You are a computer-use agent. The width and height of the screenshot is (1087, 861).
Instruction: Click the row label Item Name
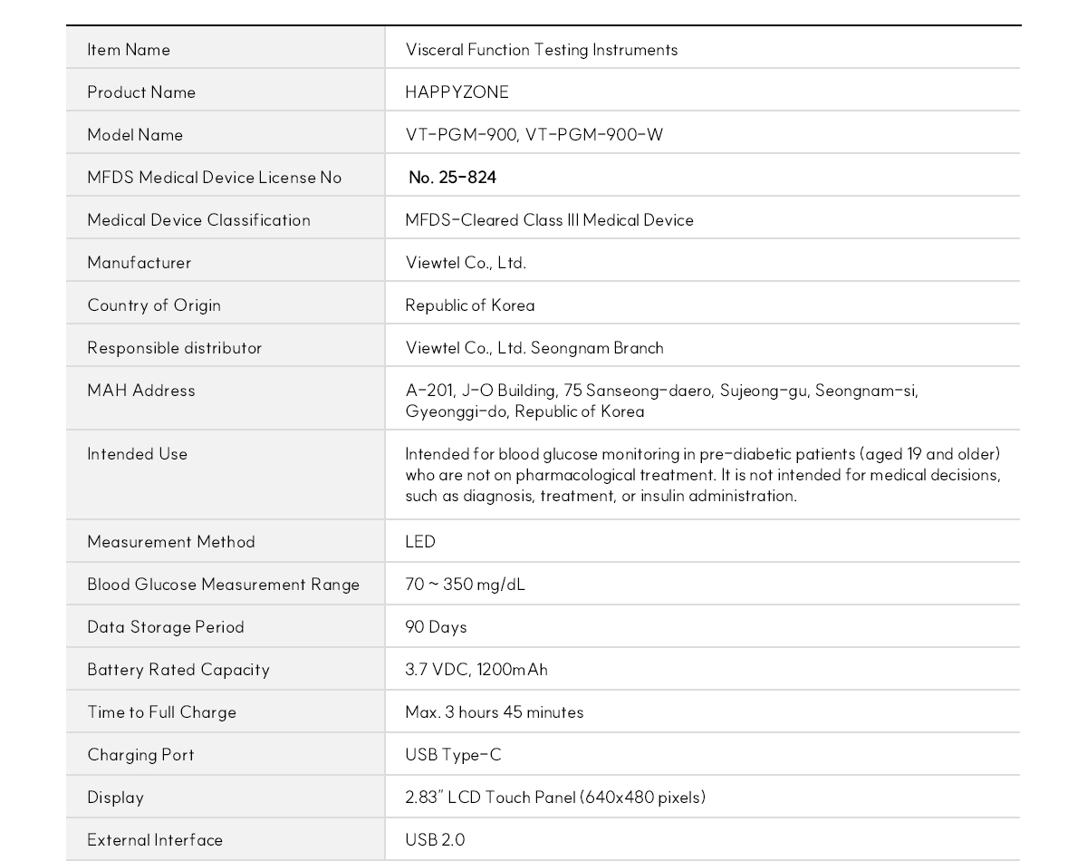[x=129, y=50]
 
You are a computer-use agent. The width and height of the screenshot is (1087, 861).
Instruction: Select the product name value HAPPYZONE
[x=457, y=92]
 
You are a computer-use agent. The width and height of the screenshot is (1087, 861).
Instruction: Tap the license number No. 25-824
[x=452, y=178]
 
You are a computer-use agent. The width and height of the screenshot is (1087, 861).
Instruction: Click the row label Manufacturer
[x=139, y=263]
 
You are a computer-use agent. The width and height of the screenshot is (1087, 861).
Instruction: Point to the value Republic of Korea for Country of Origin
[x=469, y=305]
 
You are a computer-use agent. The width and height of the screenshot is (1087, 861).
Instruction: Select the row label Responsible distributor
[x=175, y=348]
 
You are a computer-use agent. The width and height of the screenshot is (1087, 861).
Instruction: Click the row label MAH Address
[x=141, y=391]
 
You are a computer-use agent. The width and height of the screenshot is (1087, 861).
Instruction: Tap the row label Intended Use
[x=138, y=454]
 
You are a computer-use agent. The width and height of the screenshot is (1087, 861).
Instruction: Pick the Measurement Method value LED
[x=420, y=542]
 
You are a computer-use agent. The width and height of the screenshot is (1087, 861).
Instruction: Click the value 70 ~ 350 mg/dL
[x=465, y=585]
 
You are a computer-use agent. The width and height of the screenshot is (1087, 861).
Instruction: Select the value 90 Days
[x=436, y=627]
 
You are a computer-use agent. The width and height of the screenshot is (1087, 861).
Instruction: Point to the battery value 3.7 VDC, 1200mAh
[x=476, y=670]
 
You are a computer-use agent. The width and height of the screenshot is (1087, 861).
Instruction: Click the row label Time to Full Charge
[x=161, y=712]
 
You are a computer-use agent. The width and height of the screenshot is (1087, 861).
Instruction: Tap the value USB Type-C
[x=453, y=755]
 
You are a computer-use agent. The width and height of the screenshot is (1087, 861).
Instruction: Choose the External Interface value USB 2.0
[x=435, y=840]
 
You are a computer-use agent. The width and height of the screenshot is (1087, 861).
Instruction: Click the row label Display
[x=116, y=798]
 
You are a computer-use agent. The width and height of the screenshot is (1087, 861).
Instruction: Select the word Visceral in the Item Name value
[x=434, y=50]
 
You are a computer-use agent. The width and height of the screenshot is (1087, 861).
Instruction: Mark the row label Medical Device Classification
[x=198, y=220]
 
